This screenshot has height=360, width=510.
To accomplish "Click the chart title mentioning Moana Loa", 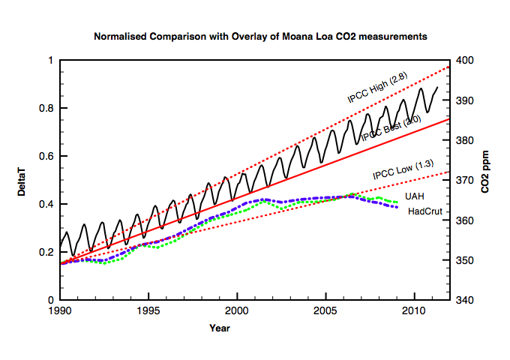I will coord(261,36).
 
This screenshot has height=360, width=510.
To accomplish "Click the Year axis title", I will coord(220,328).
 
